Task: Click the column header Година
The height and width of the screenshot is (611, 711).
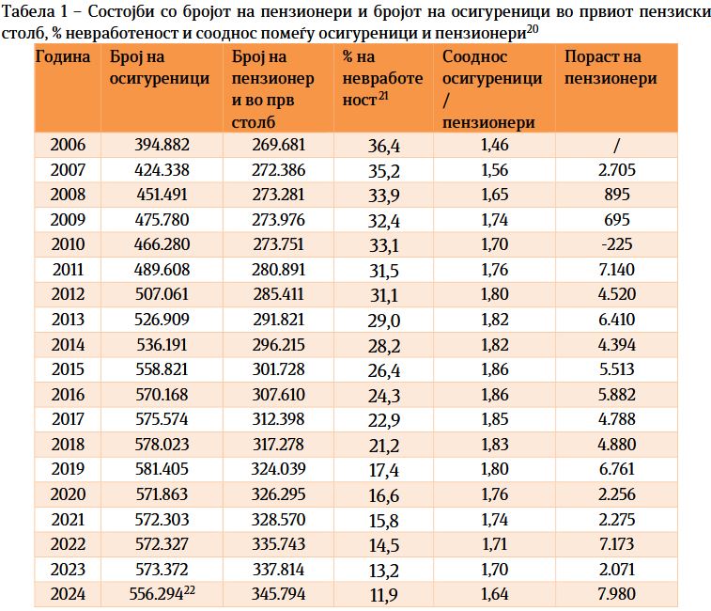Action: tap(63, 56)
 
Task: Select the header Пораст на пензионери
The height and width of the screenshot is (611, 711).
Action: tap(611, 68)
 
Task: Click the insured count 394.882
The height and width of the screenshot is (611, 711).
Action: tap(149, 146)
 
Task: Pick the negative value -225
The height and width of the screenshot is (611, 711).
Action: tap(616, 243)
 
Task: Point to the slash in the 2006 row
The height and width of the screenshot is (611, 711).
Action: tap(616, 146)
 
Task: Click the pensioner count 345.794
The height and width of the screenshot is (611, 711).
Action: tap(280, 594)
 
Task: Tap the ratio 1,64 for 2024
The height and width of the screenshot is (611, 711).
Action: tap(493, 594)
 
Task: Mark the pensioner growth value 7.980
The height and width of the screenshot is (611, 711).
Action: tap(616, 594)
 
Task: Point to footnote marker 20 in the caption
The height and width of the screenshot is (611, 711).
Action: tap(532, 29)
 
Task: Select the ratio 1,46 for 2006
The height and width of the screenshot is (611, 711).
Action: tap(493, 146)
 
